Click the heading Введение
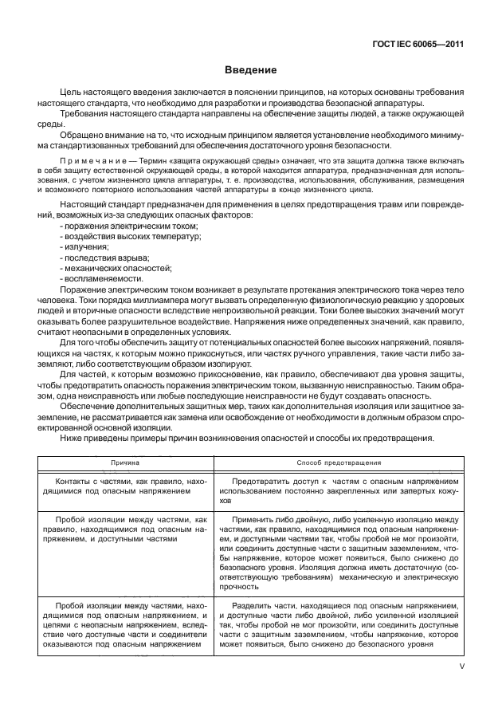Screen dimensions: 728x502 click(250, 70)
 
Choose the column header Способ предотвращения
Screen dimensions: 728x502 click(339, 462)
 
